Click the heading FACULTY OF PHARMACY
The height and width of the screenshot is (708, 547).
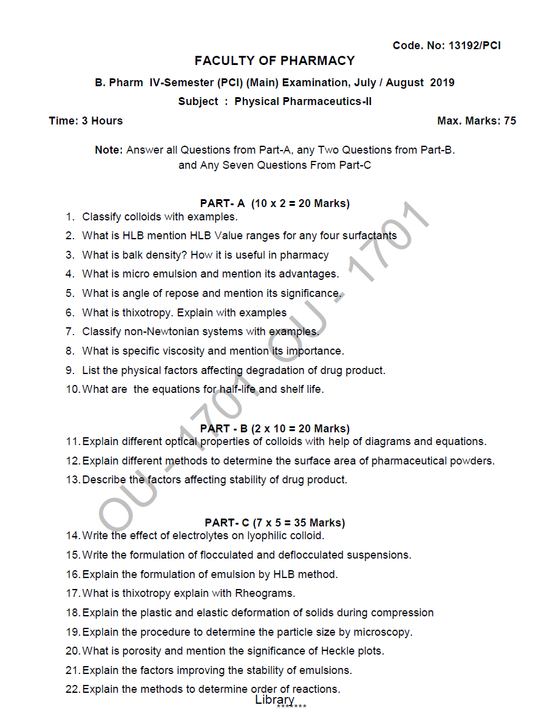point(274,61)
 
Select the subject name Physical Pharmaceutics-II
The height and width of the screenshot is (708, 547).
point(303,101)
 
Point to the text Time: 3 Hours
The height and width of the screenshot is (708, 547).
point(86,121)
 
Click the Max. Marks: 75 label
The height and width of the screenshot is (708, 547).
point(477,121)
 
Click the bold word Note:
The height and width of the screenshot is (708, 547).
point(109,150)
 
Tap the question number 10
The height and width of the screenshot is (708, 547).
point(72,389)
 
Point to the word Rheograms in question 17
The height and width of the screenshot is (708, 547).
point(265,593)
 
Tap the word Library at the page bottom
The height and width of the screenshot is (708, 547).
point(274,699)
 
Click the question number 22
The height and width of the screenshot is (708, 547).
point(72,689)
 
